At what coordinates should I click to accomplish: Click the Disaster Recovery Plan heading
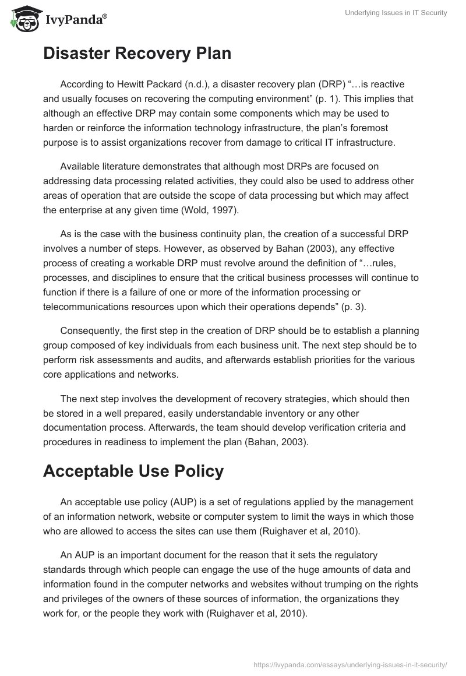pos(137,53)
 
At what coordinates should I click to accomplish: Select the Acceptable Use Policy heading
pos(133,471)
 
